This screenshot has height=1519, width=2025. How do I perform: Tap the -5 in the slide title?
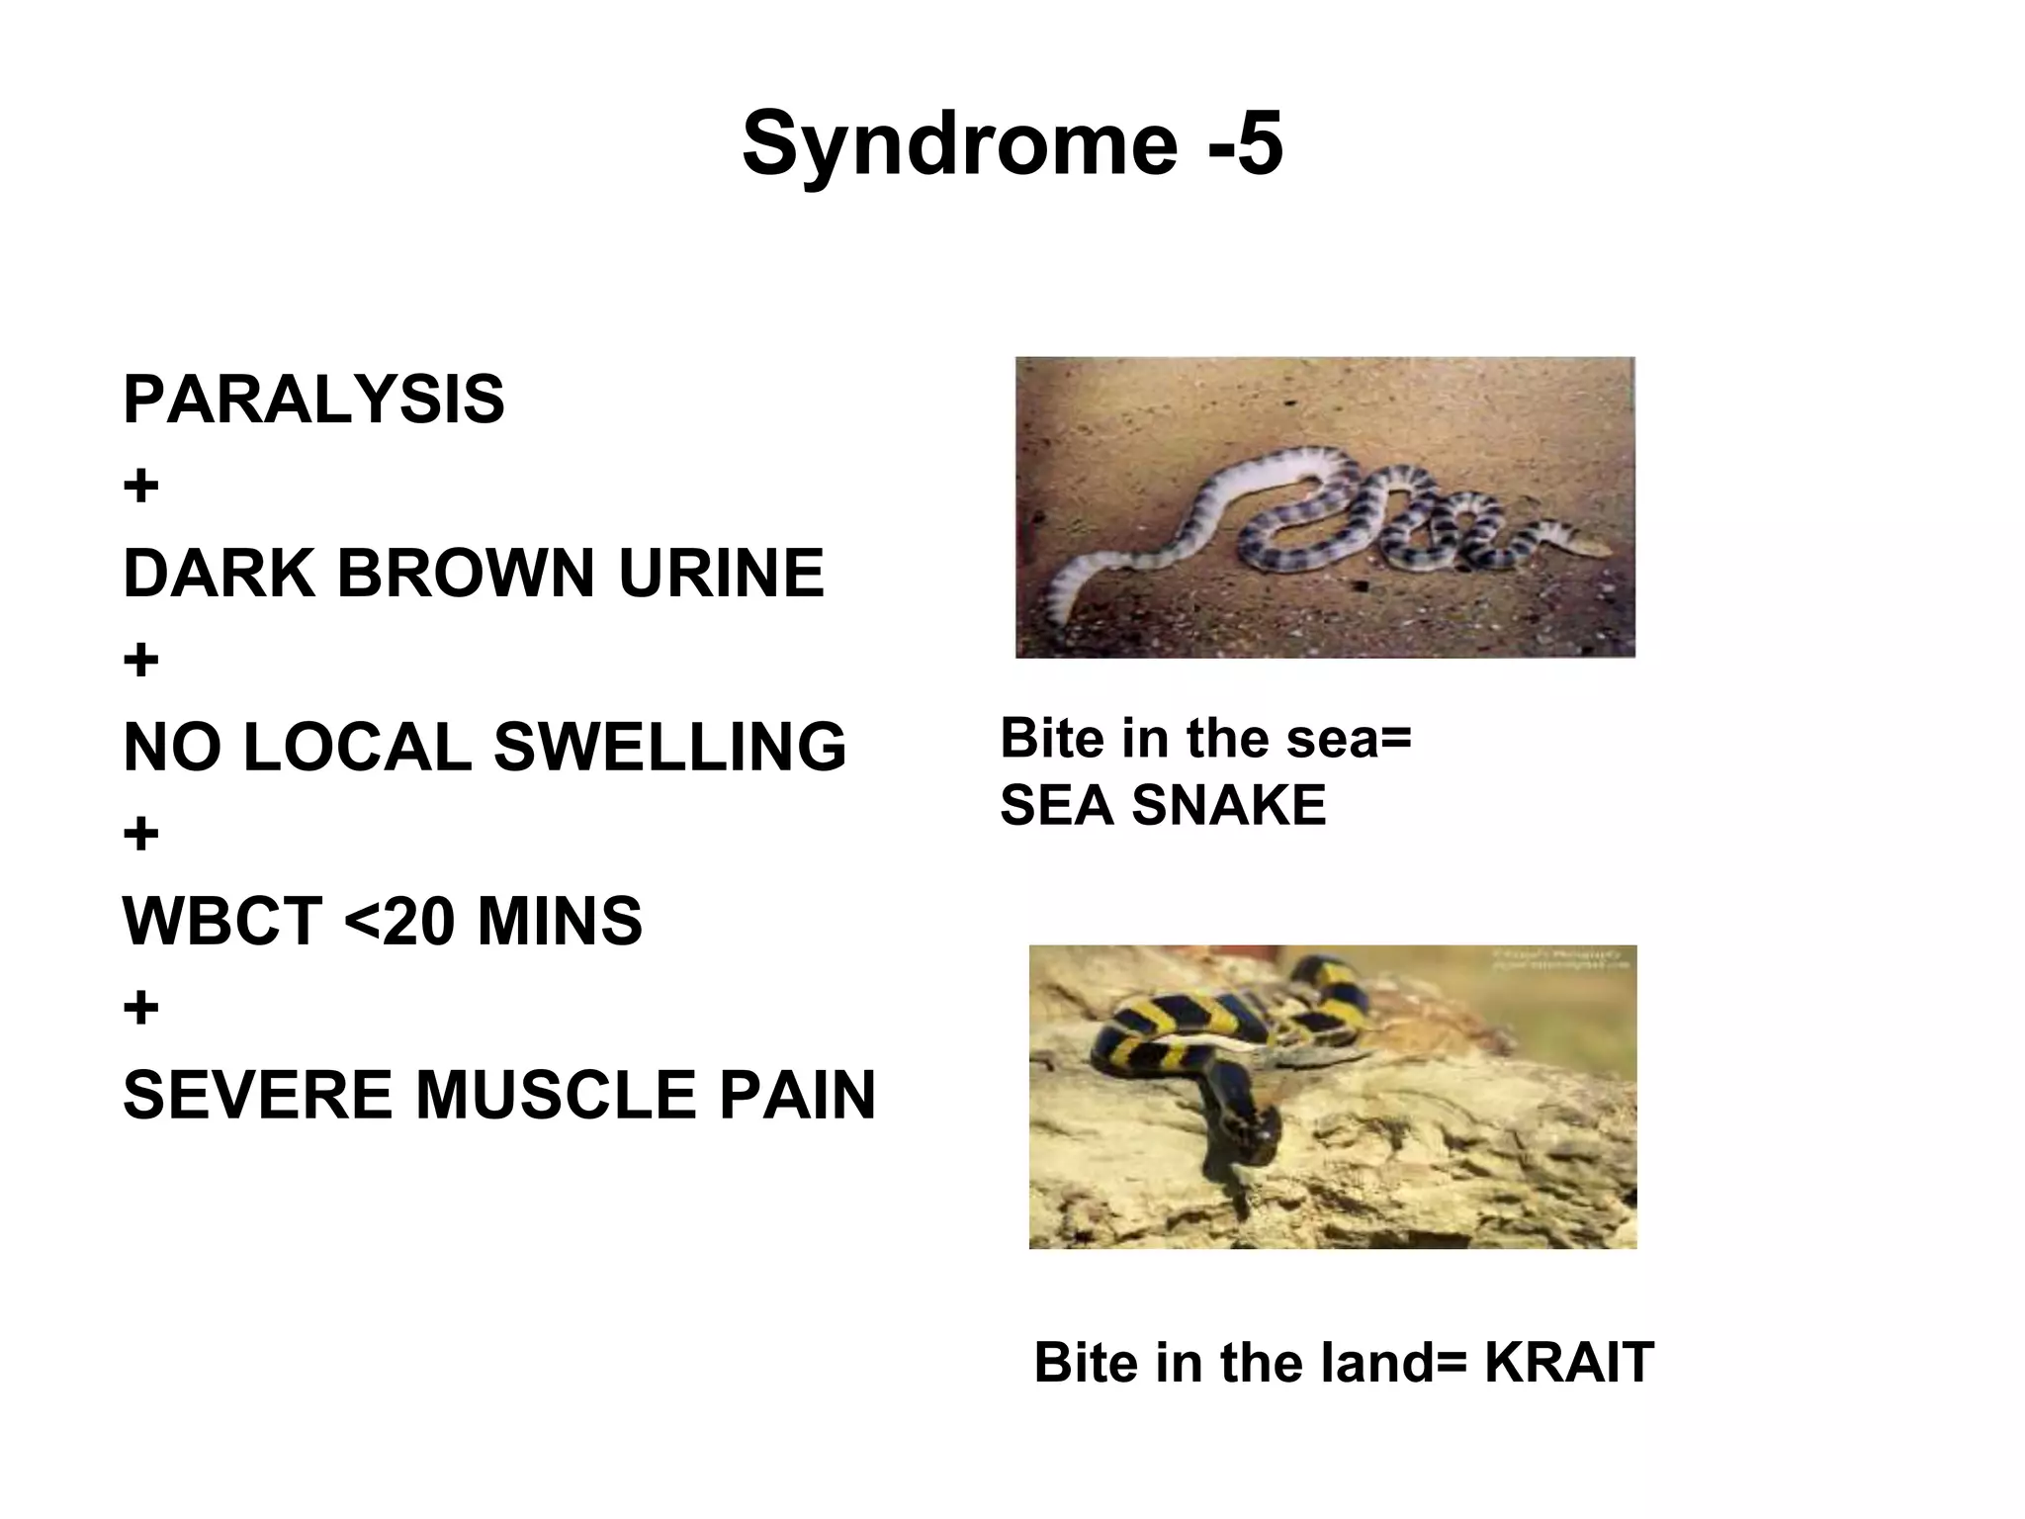click(x=1245, y=144)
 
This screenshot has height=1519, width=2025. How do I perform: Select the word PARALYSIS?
click(x=313, y=400)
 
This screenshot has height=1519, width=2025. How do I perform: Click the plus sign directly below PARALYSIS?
click(x=141, y=487)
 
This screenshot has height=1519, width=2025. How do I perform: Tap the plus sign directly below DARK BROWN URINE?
click(x=141, y=661)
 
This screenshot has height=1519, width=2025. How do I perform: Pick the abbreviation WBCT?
click(x=222, y=921)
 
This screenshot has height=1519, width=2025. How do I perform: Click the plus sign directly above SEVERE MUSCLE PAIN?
click(x=141, y=1009)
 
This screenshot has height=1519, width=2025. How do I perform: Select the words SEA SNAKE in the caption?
click(x=1163, y=805)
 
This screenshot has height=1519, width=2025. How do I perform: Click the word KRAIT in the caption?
click(x=1568, y=1363)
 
